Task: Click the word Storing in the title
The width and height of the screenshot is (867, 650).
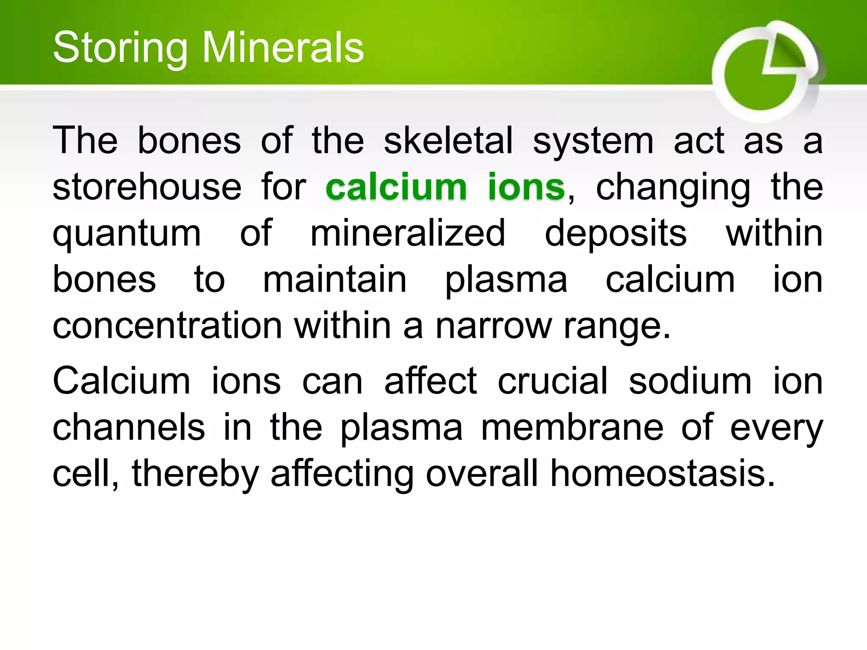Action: point(120,48)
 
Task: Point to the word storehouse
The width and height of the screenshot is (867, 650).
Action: point(147,187)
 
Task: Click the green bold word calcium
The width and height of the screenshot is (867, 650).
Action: point(396,187)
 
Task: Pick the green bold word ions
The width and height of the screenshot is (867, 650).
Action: point(526,187)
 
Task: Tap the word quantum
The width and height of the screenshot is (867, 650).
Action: point(127,234)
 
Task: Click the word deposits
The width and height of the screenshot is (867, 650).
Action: point(616,234)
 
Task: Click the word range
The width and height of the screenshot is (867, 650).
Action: point(612,327)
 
